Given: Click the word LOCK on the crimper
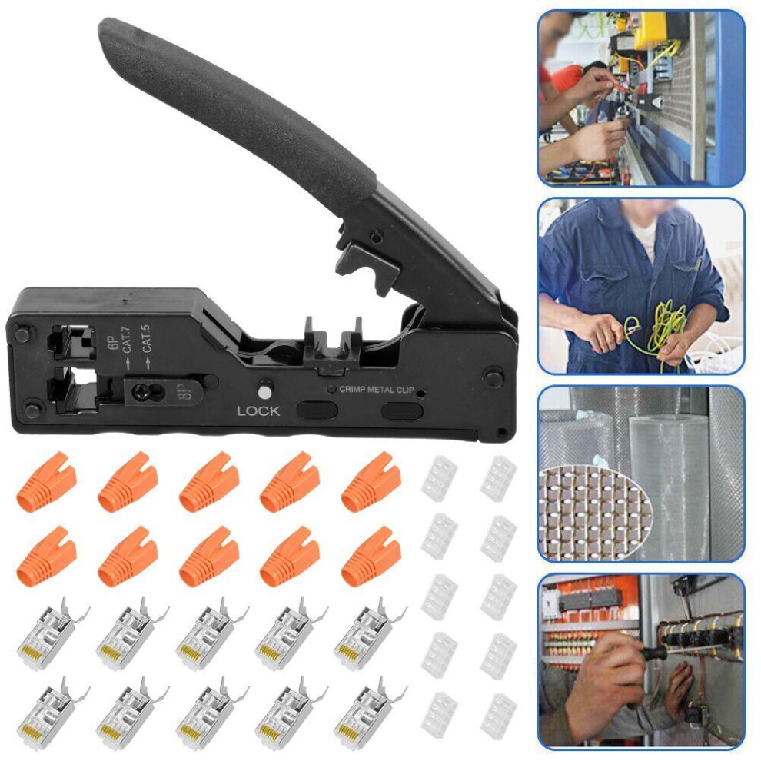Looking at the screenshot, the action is pos(258,411).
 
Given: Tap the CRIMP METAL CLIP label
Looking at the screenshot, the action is pos(377,389).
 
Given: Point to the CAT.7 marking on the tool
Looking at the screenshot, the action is pos(127,340).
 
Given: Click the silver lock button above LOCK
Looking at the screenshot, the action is pos(265,391).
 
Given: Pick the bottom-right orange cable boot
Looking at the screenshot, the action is pos(371,557).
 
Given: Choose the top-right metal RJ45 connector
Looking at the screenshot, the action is pos(368,633).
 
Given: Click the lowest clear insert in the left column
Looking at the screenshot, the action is pos(439,716).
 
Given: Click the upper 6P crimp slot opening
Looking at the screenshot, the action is pos(73,342).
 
